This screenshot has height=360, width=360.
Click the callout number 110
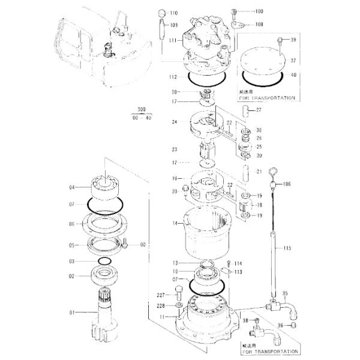coord(174,13)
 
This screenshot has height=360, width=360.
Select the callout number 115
coord(287,248)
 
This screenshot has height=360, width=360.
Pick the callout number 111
coord(172,40)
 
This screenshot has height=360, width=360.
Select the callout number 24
coord(173,122)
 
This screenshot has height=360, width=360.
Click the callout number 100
coord(259,11)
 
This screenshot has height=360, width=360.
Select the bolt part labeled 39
coord(280,40)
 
